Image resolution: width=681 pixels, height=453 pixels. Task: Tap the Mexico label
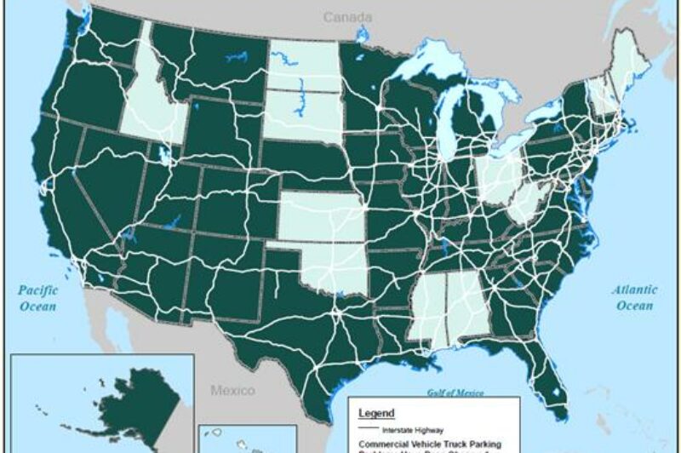coord(232,391)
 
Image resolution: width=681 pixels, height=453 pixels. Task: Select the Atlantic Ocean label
coord(635,297)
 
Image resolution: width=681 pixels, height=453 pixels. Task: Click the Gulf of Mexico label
coord(455,393)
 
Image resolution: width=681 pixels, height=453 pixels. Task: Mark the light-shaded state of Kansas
coord(322,217)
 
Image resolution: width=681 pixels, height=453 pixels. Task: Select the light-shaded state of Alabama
coord(464,307)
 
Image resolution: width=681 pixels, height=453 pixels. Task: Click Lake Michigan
coord(446,119)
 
